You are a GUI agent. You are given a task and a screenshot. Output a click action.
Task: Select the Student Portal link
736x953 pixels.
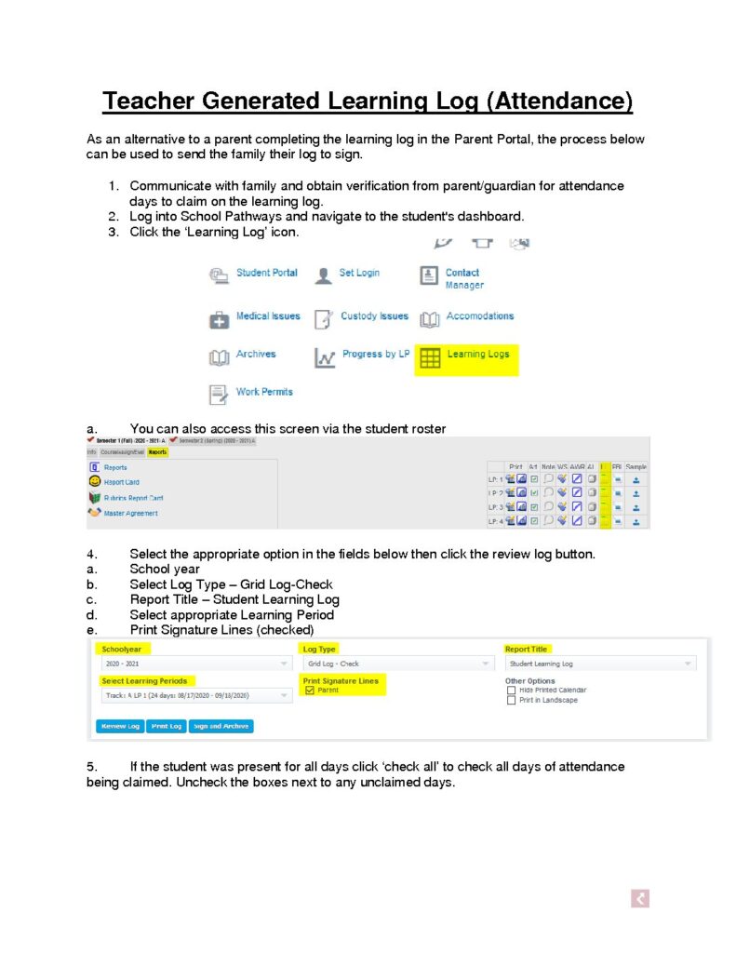tap(266, 273)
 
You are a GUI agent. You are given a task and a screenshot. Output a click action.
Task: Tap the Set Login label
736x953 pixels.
tap(359, 273)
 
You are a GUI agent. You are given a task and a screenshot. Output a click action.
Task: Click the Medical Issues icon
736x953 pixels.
tap(219, 320)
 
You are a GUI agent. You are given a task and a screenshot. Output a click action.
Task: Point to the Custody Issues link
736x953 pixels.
tap(374, 316)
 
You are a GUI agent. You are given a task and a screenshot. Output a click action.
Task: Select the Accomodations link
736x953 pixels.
tap(479, 316)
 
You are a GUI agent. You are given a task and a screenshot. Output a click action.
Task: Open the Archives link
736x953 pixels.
tap(255, 355)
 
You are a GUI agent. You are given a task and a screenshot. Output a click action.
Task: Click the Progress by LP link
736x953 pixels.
tap(375, 355)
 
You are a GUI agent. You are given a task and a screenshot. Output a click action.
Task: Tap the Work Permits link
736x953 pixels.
tap(264, 392)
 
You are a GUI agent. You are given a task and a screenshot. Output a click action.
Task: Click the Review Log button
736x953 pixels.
tap(119, 726)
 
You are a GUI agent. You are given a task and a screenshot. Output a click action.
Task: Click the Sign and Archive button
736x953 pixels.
tap(221, 726)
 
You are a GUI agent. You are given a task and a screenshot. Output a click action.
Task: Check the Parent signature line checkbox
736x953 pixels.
tap(310, 691)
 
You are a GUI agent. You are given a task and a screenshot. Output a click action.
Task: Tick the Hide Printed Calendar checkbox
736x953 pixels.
tap(511, 691)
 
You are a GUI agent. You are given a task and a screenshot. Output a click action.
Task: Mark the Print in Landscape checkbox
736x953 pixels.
tap(511, 701)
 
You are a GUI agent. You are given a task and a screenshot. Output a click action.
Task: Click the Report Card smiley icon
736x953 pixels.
tap(94, 482)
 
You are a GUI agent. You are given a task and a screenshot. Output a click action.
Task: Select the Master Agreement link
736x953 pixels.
tap(129, 513)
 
